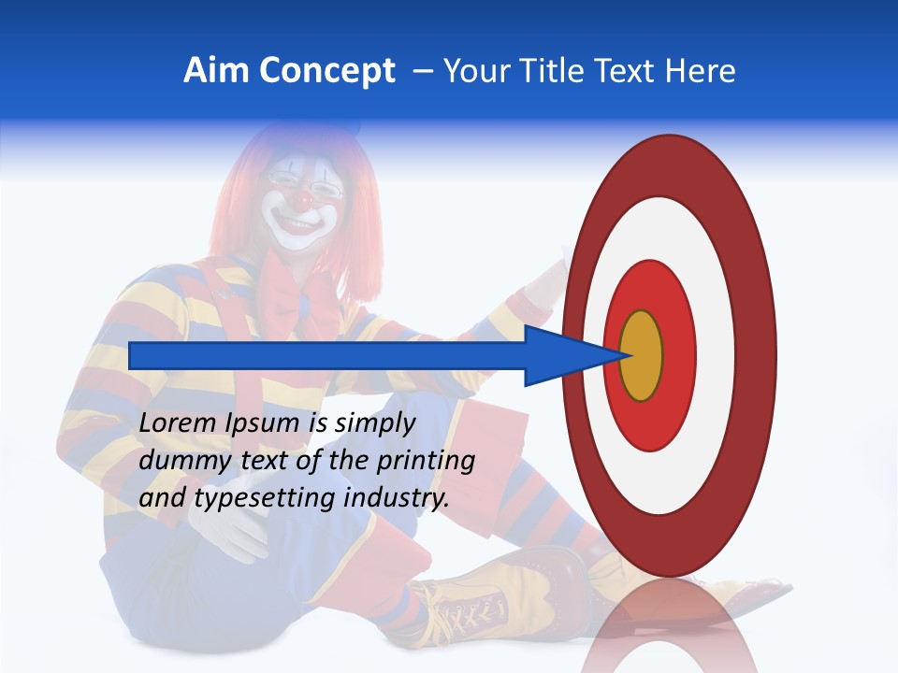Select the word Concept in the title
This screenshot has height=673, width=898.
(326, 71)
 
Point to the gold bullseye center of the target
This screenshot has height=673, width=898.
(641, 356)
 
